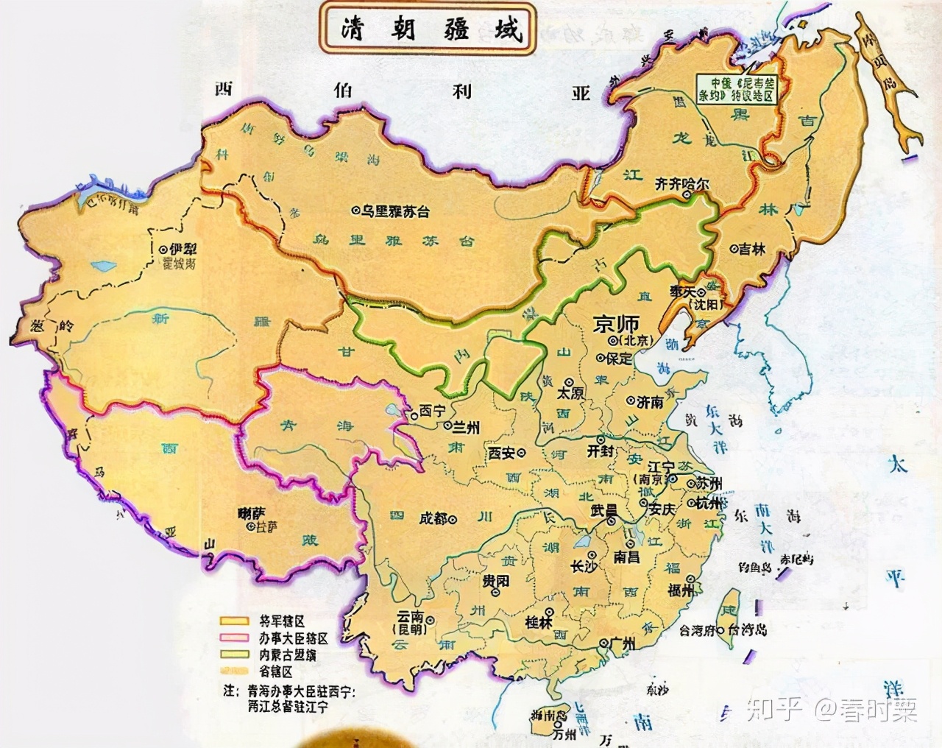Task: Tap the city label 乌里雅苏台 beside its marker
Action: tap(394, 211)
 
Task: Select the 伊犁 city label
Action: tap(183, 250)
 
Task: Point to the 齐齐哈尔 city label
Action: tap(681, 185)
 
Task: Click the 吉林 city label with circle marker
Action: tap(751, 250)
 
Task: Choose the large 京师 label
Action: tap(617, 322)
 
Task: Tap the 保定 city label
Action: tap(618, 359)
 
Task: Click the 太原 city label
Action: tap(570, 393)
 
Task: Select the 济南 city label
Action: tap(649, 402)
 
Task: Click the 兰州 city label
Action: tap(466, 427)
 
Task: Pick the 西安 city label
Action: tap(502, 453)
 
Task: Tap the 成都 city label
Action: tap(433, 518)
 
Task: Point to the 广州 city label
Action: tap(621, 644)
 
